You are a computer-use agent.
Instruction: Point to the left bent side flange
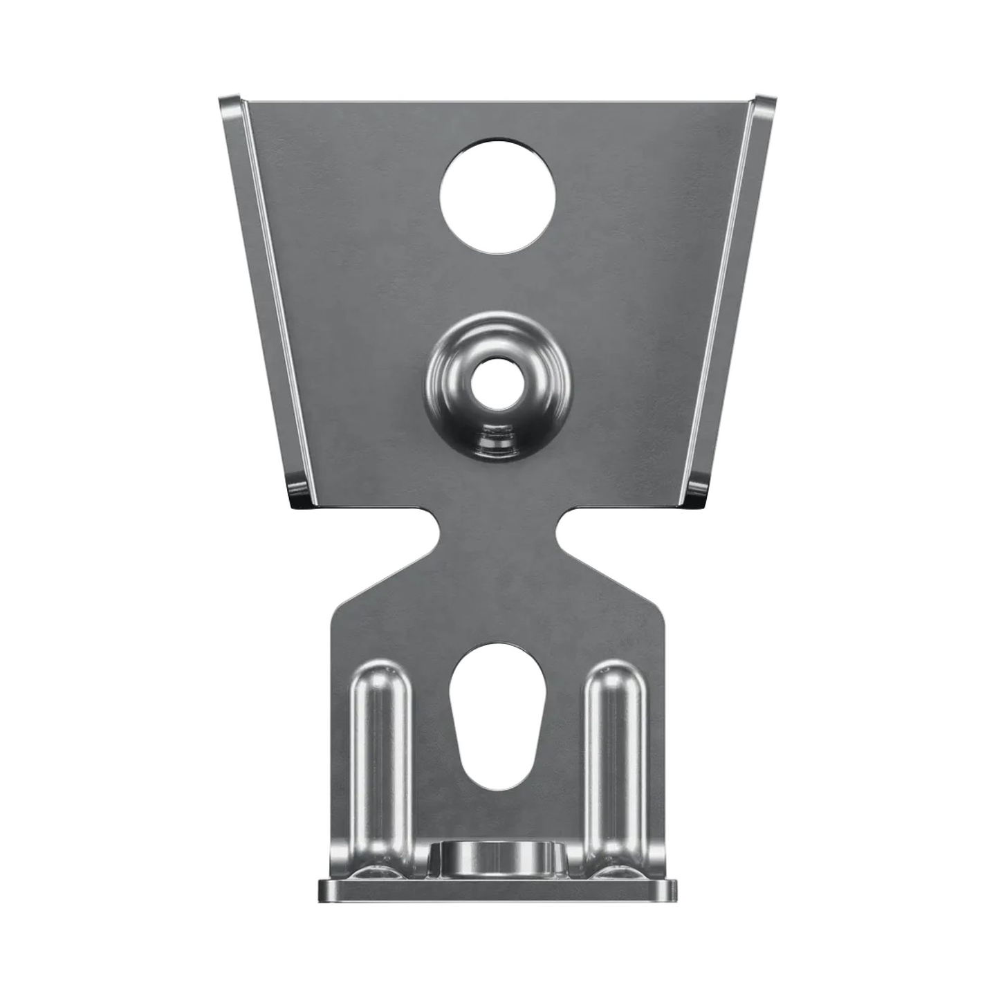(263, 290)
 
